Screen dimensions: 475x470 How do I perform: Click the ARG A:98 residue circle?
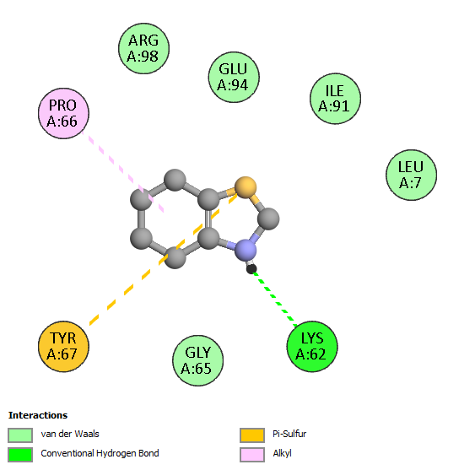143,48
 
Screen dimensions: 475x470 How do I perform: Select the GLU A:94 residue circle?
234,77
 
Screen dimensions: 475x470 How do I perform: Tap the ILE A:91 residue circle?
335,99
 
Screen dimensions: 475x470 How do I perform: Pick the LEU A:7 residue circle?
412,175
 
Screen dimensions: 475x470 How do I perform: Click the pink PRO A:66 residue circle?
63,113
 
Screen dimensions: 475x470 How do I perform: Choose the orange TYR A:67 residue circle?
63,346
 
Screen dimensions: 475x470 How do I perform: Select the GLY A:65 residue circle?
197,360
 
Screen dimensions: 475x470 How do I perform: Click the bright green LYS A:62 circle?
312,346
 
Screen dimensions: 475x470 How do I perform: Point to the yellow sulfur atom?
246,187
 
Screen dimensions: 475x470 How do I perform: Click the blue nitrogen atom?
246,251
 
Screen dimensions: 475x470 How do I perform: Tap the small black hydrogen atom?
251,268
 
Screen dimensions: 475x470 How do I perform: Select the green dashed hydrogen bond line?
275,299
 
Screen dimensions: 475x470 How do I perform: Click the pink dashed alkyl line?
122,171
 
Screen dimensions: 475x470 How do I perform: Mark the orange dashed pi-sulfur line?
164,259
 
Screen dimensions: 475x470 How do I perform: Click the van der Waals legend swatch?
20,435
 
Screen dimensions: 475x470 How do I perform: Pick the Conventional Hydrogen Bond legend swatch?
20,455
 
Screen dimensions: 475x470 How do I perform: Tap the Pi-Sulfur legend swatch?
252,435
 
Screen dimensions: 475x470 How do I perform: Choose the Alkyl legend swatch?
252,455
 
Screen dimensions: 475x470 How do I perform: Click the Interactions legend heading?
38,415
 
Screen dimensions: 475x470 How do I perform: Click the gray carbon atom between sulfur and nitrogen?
268,219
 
